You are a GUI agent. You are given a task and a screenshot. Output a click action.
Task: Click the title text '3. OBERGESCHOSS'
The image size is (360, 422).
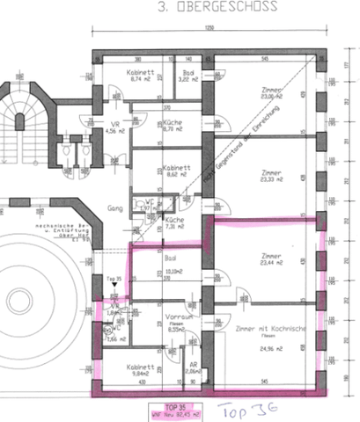pos(216,9)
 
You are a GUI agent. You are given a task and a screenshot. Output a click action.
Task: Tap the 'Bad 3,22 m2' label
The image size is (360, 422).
pos(188,76)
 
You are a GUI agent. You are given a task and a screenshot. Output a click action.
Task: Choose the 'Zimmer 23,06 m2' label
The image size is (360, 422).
pos(271,94)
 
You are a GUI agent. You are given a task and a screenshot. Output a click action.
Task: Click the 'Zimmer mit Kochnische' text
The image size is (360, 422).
pos(269,327)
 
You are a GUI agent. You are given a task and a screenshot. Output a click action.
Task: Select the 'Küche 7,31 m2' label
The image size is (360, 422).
pos(174,222)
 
